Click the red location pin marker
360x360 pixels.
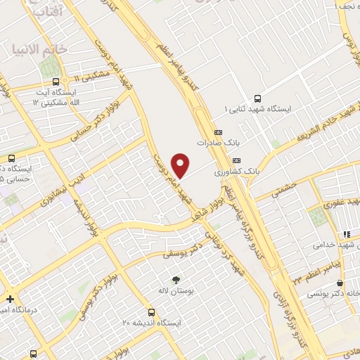pos(181,166)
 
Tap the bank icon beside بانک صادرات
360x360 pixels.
pos(217,131)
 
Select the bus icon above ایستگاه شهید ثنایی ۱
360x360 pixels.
pos(257,99)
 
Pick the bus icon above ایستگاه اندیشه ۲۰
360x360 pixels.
pos(151,311)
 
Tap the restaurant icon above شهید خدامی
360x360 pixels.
pos(346,234)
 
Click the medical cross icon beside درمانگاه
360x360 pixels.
pos(10,299)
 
